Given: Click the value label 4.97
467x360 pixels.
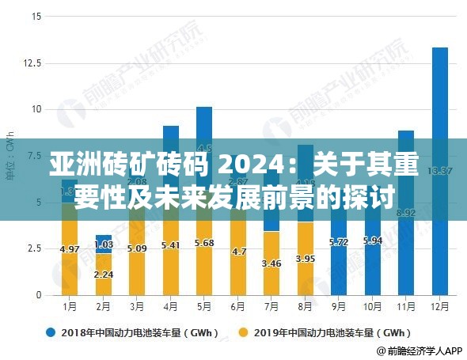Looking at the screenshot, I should [x=70, y=248].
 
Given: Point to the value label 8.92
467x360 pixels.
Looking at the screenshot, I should [x=406, y=213].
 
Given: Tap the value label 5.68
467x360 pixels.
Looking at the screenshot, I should [x=204, y=243].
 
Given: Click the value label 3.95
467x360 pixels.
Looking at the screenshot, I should [x=306, y=258].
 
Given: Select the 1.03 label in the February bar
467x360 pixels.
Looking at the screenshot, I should [x=103, y=244].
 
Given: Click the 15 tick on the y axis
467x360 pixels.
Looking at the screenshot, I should [x=36, y=16].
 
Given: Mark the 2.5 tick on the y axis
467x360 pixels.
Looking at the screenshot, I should [x=32, y=248].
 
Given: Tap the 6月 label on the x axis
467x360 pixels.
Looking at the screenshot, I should [x=237, y=306].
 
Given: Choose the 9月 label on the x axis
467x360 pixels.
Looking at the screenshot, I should [x=339, y=306].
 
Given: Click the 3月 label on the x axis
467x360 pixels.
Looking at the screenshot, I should [x=137, y=306].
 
